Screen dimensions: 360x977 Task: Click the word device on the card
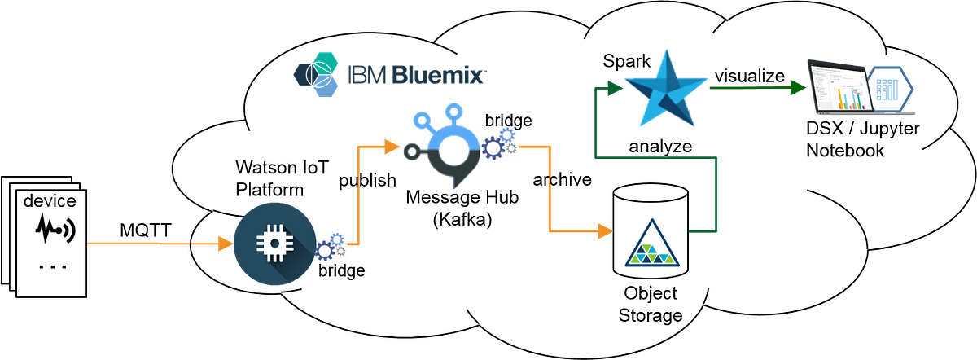click(x=50, y=201)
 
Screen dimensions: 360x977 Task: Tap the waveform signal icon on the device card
click(x=54, y=232)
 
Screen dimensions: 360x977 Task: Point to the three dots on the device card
click(x=51, y=266)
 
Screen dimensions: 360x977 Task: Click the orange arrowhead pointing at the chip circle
click(x=223, y=243)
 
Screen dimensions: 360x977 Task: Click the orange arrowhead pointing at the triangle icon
click(x=604, y=231)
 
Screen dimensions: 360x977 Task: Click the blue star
click(x=663, y=89)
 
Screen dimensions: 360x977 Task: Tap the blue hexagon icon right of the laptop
click(x=892, y=86)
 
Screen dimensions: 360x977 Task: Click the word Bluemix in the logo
click(x=439, y=76)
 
